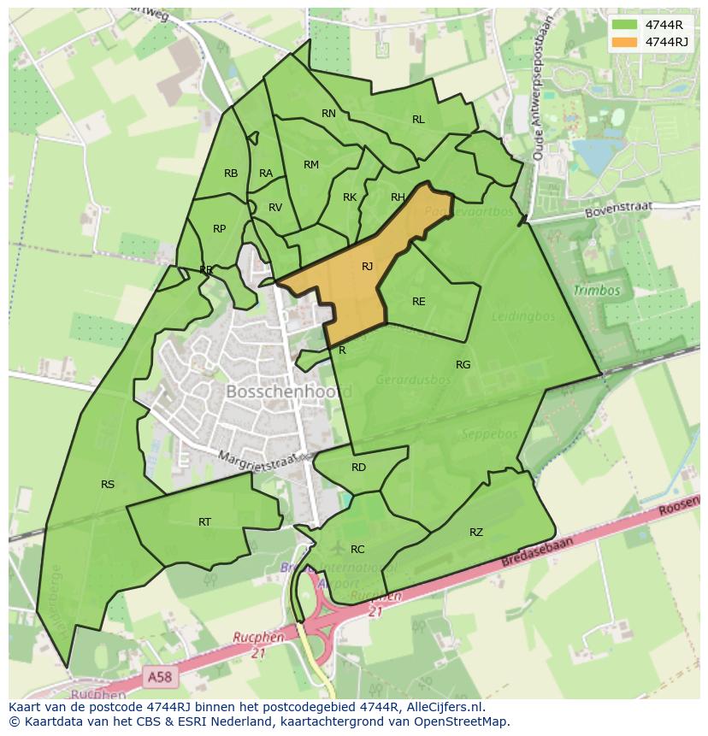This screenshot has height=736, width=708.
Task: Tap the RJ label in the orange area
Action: coord(367,267)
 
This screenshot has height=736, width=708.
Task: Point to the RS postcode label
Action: coord(108,485)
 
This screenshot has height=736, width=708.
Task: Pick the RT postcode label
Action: coord(204,521)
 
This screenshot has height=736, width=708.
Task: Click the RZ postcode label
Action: coord(476,533)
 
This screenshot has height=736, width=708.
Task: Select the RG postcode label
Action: coord(463,365)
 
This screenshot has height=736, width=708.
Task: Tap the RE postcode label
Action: coord(418,302)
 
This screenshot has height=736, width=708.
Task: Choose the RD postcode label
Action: coord(358,468)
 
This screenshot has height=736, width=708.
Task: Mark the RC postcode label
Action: coord(357,550)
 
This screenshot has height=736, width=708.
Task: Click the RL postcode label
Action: coord(418,120)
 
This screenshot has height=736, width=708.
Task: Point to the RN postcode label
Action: coord(328,114)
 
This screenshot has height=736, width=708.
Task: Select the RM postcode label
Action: coord(311,165)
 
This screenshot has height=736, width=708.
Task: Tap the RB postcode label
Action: coord(231,174)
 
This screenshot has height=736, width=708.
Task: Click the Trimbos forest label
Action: coord(596,291)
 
